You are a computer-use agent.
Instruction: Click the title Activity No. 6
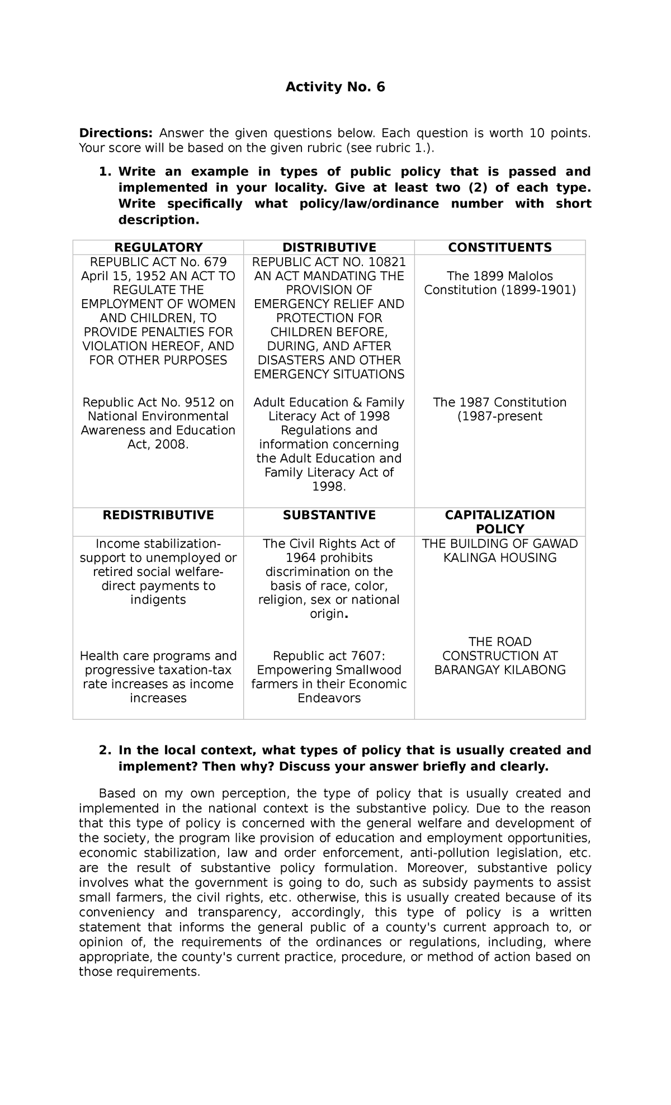pos(335,87)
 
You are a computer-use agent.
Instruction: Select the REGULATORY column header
pos(158,247)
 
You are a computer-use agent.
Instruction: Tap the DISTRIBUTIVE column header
pos(329,247)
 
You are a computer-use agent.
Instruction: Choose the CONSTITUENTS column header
pos(500,247)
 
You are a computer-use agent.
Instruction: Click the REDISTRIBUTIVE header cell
pos(158,515)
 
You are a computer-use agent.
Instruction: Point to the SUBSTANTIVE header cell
pos(329,515)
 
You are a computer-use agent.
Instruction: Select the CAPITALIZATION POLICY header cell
pos(500,522)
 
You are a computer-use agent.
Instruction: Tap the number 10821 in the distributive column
pos(386,262)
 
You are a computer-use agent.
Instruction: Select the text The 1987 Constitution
pos(500,403)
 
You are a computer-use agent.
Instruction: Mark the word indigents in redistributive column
pos(158,600)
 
